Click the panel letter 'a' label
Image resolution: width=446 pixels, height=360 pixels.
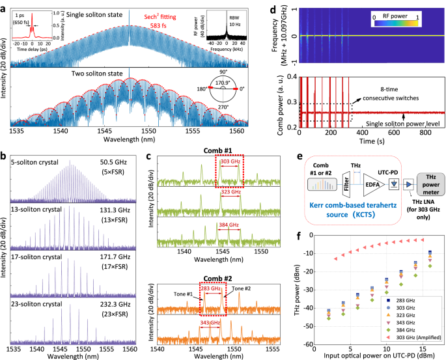point(4,5)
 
